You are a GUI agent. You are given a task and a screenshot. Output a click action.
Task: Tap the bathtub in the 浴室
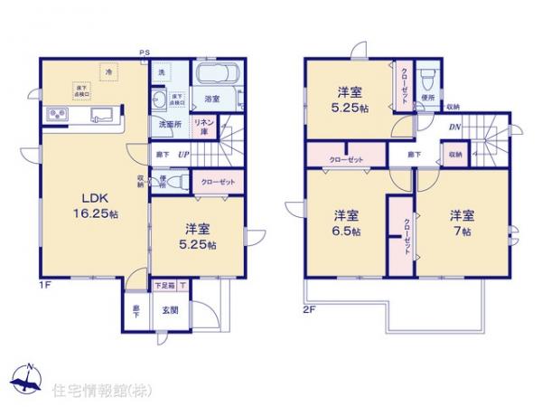(215, 77)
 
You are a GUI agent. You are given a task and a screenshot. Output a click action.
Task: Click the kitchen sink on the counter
(102, 115)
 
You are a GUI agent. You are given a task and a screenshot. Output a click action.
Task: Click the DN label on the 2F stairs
(453, 128)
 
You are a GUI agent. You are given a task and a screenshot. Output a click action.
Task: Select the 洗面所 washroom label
(170, 124)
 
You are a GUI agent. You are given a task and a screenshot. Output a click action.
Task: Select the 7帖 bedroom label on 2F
(462, 222)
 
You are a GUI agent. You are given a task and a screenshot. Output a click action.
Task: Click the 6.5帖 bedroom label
(347, 223)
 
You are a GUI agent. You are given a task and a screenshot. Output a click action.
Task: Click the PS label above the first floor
(144, 53)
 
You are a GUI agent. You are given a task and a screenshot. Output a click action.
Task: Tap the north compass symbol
(27, 379)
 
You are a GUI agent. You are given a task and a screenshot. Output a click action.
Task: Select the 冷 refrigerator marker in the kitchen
(107, 70)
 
